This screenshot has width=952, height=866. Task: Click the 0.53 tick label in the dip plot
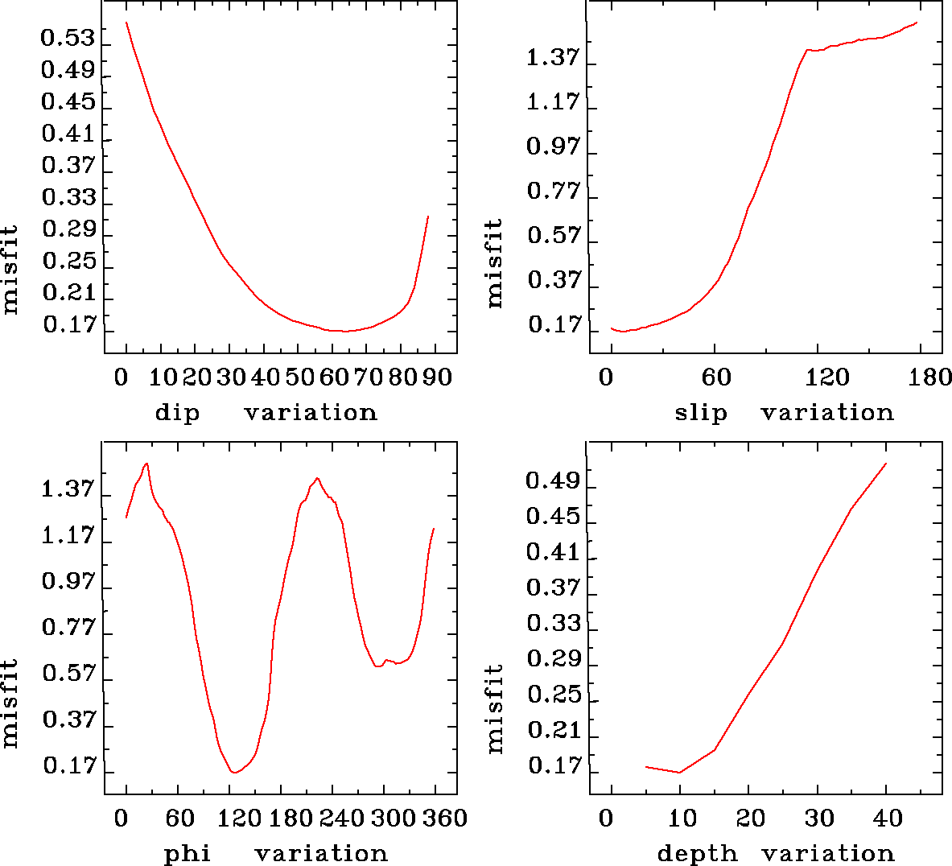68,39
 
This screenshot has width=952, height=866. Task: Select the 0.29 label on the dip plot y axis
68,229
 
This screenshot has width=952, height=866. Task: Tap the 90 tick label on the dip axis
436,377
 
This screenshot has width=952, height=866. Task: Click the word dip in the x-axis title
177,413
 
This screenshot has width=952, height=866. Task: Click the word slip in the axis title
700,413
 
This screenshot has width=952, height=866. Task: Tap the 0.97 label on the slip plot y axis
553,147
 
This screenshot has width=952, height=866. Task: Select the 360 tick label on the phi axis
443,819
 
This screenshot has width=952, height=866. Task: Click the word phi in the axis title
188,853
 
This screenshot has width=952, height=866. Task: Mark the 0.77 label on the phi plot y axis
68,627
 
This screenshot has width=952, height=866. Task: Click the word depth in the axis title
697,853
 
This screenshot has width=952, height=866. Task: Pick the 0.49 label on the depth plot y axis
553,481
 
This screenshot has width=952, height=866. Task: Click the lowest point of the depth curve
680,773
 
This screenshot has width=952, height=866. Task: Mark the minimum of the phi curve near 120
235,773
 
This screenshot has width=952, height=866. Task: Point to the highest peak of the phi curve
146,464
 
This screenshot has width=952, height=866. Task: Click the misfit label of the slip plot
494,263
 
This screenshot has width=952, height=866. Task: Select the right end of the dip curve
428,216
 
